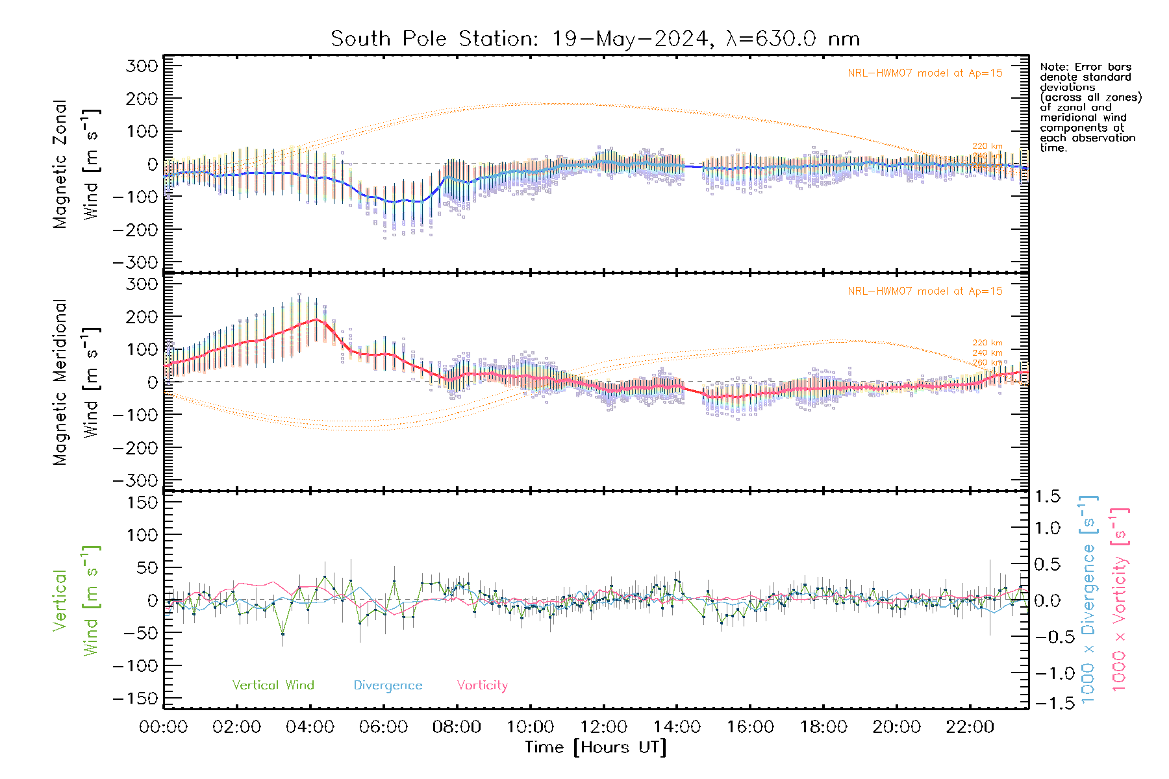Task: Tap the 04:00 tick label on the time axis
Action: pos(310,727)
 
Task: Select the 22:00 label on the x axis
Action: pos(970,727)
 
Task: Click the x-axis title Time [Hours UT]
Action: pos(596,747)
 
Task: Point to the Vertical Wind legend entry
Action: pos(273,686)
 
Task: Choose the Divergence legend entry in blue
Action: pos(388,686)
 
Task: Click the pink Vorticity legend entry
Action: pos(482,686)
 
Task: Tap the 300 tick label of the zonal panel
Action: pos(142,66)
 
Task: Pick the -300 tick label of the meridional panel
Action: pos(136,481)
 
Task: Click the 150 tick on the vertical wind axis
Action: pos(142,502)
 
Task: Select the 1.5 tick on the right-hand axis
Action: pos(1048,497)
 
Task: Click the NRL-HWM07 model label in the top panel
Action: pos(925,73)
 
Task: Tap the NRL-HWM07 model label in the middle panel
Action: pos(925,291)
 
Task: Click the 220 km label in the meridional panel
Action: pos(987,343)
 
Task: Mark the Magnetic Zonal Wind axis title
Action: pos(76,164)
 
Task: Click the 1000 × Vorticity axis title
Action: pos(1120,599)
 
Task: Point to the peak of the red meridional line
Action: pos(317,319)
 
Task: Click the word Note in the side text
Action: pos(1053,67)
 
